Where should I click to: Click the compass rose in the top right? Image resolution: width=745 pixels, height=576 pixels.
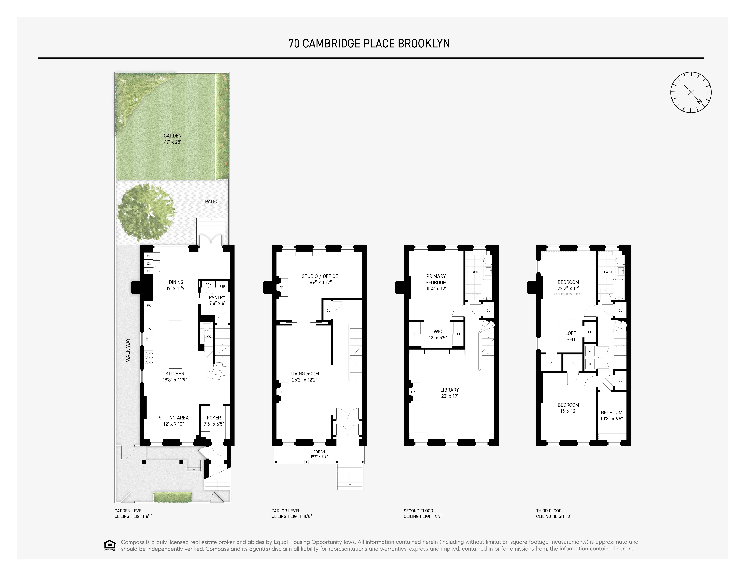point(691,92)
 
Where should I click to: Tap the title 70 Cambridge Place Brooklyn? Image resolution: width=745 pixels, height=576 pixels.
point(369,44)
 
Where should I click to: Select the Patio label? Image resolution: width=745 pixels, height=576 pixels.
point(211,201)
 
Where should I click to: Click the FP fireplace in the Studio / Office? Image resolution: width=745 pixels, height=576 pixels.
point(281,288)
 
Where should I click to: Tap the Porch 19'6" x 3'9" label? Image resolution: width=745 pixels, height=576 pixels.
point(319,454)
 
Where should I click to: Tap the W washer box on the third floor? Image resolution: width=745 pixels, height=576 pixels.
point(590,351)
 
